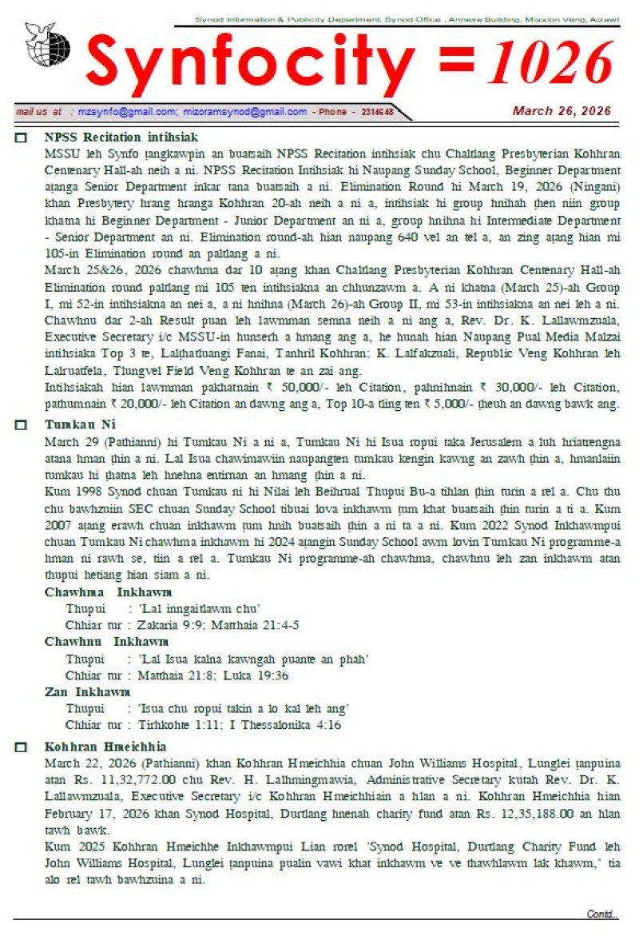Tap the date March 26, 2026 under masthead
coord(562,111)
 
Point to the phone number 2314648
coord(376,113)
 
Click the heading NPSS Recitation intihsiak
coord(121,137)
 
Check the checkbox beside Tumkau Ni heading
coord(22,424)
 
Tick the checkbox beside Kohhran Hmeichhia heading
coord(22,747)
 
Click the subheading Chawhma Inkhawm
coord(108,592)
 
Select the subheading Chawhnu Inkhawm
coord(106,642)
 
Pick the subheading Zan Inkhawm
coord(87,691)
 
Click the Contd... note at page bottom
coord(602,914)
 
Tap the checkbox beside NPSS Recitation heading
coord(22,138)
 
